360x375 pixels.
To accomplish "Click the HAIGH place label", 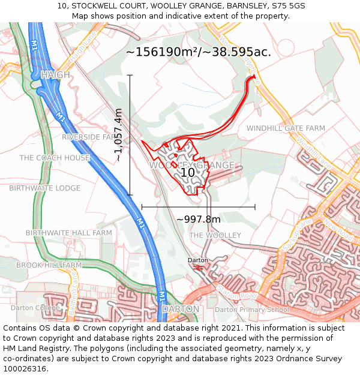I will (x=56, y=75).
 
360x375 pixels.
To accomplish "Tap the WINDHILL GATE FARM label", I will (x=286, y=128).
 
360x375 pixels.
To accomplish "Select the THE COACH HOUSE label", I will (x=55, y=158).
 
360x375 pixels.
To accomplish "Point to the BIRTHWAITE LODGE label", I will (x=44, y=188).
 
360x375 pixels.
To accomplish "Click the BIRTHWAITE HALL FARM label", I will (x=68, y=233).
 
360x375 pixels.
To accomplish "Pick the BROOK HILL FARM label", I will (x=49, y=265).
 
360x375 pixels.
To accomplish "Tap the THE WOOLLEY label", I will (x=215, y=235).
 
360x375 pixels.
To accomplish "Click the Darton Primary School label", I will (x=252, y=310).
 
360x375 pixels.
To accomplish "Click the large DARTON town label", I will (x=180, y=309).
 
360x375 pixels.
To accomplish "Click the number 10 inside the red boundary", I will (x=188, y=172).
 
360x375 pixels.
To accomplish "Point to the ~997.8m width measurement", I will (x=199, y=219).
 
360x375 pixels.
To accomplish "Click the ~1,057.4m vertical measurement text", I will (x=118, y=135).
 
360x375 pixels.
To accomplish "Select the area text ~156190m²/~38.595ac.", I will (x=198, y=52).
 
